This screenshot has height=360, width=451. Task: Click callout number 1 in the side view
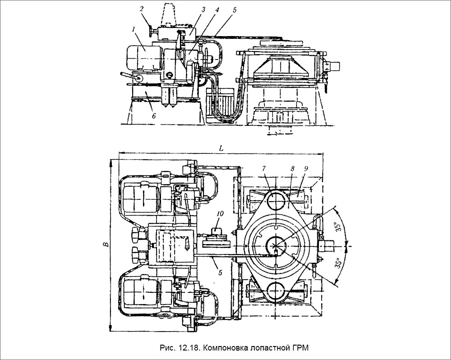(133, 30)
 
